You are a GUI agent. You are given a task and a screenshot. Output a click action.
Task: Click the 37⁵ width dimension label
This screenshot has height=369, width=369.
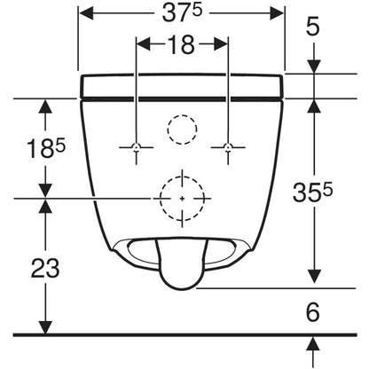coord(182,13)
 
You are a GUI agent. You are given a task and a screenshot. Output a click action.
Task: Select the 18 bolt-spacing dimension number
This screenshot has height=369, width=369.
coord(182,44)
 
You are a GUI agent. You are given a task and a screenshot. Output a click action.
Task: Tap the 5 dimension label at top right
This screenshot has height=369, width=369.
coord(313,26)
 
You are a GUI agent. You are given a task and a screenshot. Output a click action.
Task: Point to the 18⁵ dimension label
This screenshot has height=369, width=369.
coord(46,148)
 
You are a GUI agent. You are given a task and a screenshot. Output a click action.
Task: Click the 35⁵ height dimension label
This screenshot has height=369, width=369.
coord(312,192)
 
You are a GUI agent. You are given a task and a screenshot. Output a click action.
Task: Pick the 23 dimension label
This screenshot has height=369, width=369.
coord(45,268)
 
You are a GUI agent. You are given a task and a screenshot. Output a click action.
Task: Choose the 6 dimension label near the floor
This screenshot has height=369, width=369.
coord(313,312)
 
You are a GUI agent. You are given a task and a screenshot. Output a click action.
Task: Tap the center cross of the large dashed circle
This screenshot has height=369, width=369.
coord(182,199)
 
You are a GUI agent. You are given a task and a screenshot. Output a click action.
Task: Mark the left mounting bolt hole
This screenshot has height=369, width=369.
coord(136,146)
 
